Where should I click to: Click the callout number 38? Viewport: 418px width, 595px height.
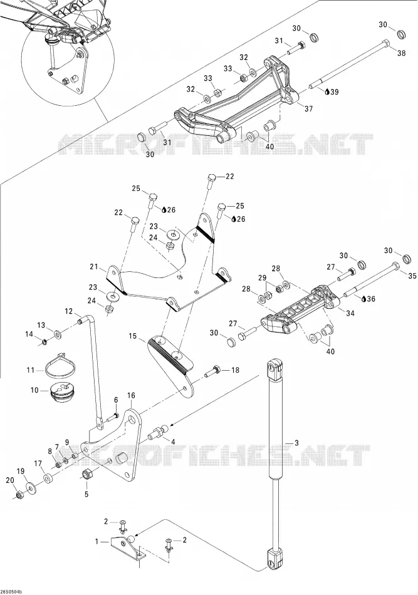point(401,53)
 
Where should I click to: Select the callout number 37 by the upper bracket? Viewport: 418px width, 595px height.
point(309,109)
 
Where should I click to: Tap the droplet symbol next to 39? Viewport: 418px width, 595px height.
point(328,91)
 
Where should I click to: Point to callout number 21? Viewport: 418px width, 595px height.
point(94,267)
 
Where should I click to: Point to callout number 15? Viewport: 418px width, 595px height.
point(132,336)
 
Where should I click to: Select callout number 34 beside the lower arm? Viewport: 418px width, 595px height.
point(350,313)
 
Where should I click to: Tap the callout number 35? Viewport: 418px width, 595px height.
point(412,276)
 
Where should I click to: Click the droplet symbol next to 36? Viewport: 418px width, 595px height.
point(364,299)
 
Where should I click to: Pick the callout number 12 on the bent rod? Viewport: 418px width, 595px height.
point(68,311)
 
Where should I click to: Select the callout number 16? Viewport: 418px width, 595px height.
point(131,395)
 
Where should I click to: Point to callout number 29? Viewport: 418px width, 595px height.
point(262,277)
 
